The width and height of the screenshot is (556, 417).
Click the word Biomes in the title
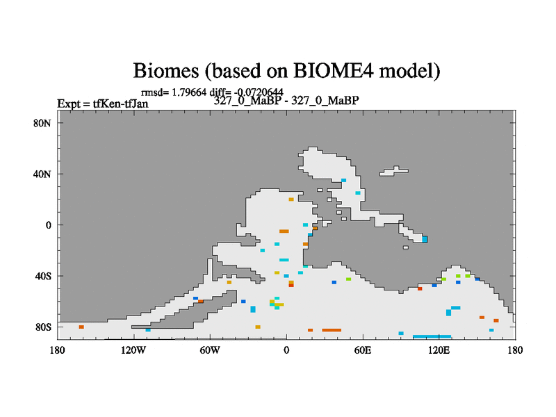166,71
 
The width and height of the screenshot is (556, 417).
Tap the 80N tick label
42,124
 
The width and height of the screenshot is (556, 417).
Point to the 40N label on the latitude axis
42,174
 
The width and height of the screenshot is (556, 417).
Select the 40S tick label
43,276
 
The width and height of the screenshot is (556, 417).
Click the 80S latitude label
43,327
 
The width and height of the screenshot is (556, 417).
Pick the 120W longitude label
133,350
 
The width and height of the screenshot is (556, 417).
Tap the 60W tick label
210,350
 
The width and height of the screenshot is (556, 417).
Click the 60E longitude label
363,350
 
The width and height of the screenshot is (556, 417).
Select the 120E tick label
439,350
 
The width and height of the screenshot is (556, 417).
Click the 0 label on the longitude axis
286,350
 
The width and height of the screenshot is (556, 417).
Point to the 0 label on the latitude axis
48,225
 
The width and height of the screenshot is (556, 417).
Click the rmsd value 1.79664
189,92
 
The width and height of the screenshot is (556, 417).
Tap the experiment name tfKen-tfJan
120,104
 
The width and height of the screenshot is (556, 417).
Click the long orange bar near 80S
332,330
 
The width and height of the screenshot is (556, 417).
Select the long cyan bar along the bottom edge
432,336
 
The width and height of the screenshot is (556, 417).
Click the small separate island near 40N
394,171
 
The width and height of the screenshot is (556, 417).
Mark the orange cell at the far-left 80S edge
81,327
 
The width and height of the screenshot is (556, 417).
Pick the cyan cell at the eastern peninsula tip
425,239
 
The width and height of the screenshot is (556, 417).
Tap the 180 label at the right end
515,350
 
